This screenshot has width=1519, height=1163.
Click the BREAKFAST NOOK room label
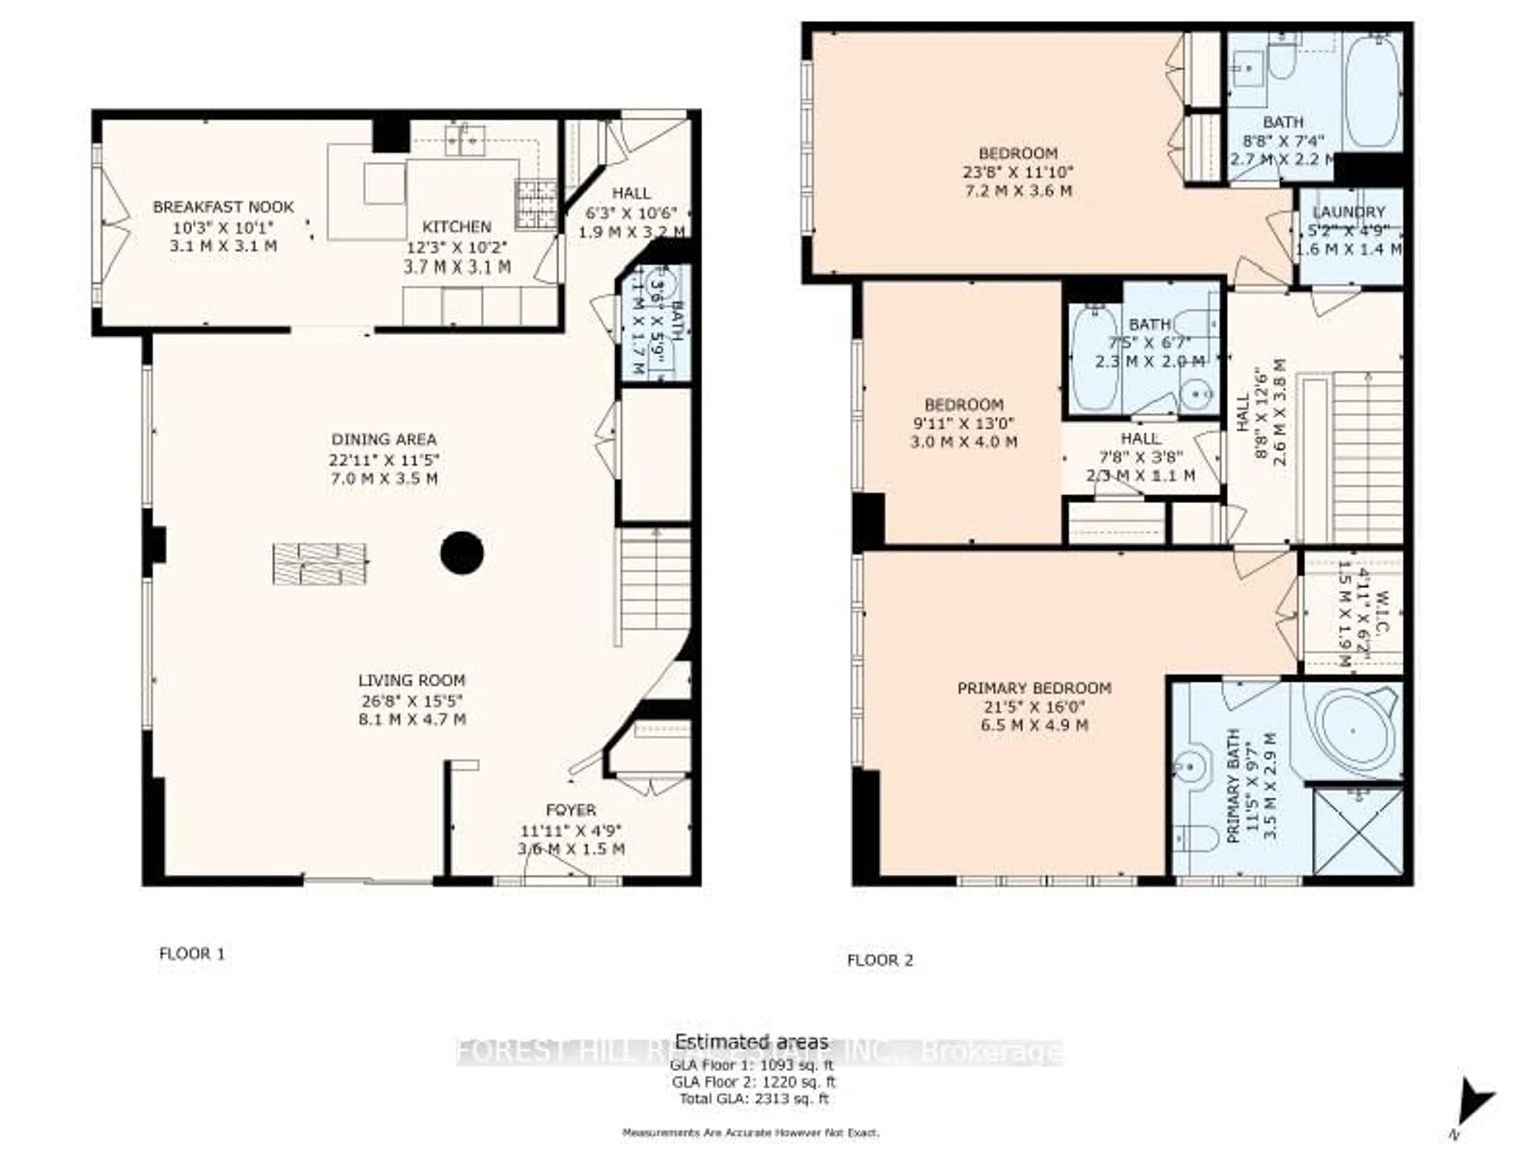pos(223,207)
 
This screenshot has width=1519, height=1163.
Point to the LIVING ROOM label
pos(411,681)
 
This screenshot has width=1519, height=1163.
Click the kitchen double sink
pos(464,139)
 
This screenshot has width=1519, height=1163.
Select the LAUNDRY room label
pos(1348,212)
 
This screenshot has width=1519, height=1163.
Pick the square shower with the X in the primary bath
pos(1358,831)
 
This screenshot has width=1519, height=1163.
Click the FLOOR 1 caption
pos(192,954)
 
